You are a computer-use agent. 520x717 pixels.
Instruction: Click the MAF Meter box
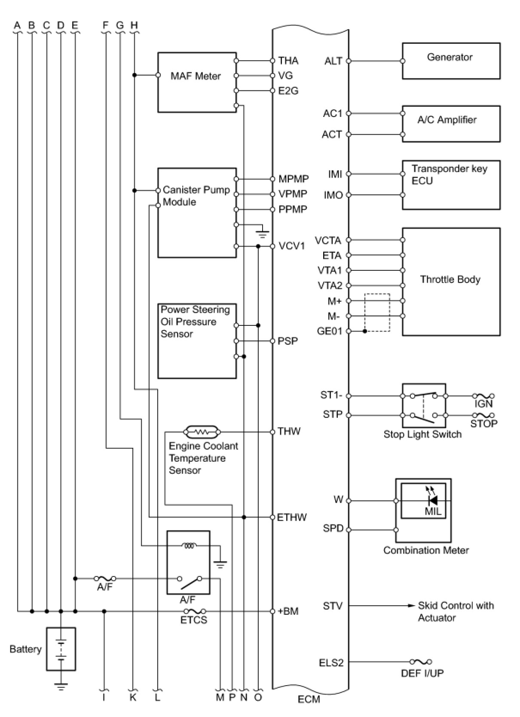(x=197, y=82)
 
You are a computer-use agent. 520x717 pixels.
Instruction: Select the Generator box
(x=451, y=61)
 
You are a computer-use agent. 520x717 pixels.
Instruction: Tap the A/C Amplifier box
(x=451, y=123)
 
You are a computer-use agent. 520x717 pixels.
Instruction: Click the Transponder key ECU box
(x=451, y=185)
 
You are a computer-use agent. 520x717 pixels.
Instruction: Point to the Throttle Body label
(x=450, y=279)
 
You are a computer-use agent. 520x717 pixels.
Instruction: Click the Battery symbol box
(x=61, y=649)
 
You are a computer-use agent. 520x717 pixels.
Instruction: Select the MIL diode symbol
(x=433, y=500)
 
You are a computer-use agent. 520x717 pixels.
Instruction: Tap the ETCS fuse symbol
(x=194, y=611)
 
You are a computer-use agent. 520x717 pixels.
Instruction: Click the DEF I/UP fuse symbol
(x=421, y=662)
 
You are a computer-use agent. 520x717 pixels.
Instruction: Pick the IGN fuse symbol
(x=483, y=396)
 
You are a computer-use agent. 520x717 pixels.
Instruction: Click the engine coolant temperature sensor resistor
(x=202, y=431)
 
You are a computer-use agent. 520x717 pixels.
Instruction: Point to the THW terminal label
(x=289, y=431)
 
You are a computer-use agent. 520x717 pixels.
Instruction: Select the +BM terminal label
(x=288, y=611)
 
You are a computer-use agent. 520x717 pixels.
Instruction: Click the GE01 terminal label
(x=329, y=331)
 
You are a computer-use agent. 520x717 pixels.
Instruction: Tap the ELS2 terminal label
(x=331, y=662)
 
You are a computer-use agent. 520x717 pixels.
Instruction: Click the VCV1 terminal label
(x=292, y=246)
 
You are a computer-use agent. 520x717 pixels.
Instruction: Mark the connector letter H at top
(x=134, y=25)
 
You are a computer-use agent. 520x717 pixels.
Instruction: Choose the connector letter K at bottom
(x=133, y=697)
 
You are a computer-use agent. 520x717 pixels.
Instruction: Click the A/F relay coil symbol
(x=189, y=546)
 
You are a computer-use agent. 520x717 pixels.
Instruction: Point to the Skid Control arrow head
(x=411, y=606)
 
